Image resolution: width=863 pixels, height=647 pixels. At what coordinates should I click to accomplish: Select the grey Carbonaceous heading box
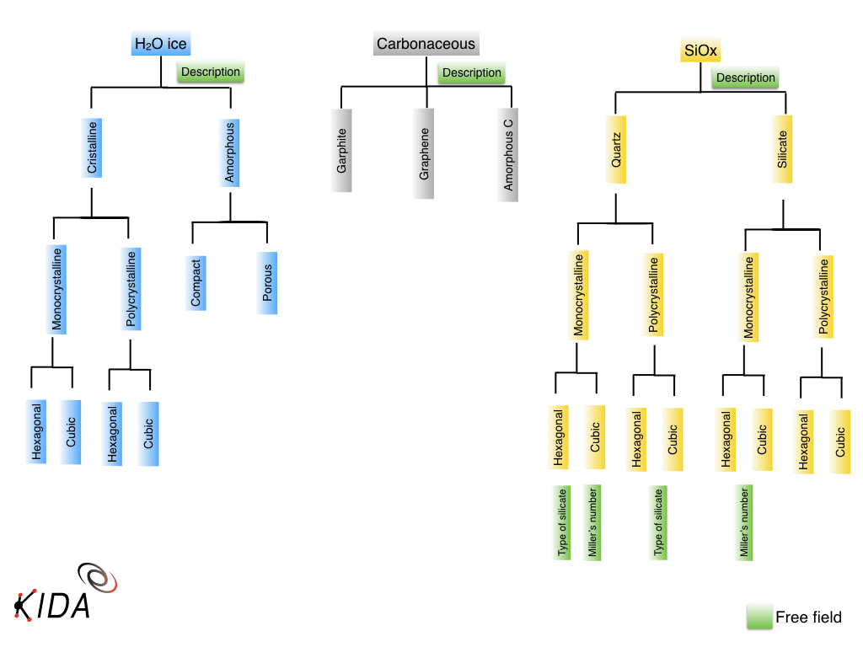point(426,44)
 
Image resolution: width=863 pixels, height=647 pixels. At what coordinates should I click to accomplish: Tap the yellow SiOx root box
point(700,50)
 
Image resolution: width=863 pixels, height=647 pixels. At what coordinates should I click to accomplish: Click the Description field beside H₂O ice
point(211,72)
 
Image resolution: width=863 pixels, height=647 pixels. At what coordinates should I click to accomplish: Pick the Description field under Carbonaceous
point(472,73)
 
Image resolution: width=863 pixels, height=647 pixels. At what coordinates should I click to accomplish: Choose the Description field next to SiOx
point(745,78)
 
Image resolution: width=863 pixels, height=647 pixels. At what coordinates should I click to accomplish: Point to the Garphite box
point(342,151)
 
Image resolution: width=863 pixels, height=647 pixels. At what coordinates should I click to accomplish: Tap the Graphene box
point(424,153)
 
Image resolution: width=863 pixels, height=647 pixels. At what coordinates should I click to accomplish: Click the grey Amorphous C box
point(507,155)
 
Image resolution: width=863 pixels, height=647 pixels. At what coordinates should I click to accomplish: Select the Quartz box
point(616,150)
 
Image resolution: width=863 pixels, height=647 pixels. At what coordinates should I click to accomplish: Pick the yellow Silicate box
point(783,150)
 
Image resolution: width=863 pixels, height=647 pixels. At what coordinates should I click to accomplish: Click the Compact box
point(196,281)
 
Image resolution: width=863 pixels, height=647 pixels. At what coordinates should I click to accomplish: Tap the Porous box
point(267,283)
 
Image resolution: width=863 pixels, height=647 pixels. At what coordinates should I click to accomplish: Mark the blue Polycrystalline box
point(130,288)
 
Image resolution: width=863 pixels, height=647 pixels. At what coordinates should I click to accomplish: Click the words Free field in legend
point(808,618)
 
